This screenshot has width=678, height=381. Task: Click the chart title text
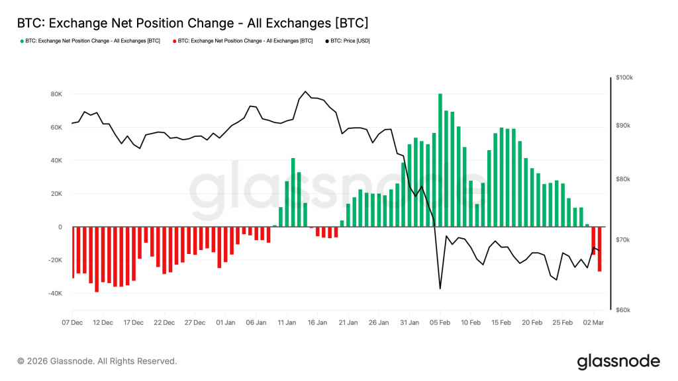[x=192, y=22]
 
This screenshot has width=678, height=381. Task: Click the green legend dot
[x=21, y=41]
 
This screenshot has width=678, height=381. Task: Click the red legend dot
[x=174, y=41]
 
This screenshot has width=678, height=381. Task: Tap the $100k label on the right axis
[x=624, y=77]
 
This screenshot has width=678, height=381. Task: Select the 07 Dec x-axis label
[x=73, y=323]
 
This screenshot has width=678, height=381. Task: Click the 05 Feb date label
[x=440, y=323]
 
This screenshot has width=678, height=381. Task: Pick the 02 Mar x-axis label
[x=593, y=323]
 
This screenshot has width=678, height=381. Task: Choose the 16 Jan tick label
[x=318, y=323]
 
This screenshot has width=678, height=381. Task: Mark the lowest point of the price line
[x=440, y=288]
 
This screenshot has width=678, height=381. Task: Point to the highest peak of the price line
[x=305, y=91]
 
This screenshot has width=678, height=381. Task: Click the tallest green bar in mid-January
[x=293, y=192]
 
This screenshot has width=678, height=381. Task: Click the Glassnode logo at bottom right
[x=618, y=361]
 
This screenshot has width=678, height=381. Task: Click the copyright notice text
[x=97, y=361]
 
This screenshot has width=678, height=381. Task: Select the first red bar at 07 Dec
[x=73, y=252]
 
